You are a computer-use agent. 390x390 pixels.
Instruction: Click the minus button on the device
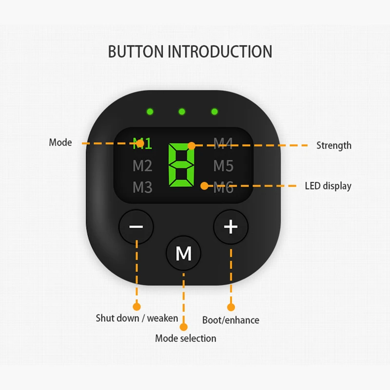136,227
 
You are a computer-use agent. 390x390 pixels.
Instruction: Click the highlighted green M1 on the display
142,144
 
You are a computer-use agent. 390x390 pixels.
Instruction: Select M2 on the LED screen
142,166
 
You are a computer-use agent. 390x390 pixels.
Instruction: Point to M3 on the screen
142,187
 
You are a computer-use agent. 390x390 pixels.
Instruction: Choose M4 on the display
223,144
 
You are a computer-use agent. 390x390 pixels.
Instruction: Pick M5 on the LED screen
223,166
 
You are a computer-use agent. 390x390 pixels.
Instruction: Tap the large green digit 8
181,165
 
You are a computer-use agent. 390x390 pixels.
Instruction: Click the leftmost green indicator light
149,112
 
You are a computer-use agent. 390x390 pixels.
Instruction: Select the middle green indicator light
182,112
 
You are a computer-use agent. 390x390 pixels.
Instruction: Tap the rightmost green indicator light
214,112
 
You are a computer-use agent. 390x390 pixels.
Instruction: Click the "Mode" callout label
60,143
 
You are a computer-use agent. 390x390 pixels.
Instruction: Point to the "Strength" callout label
333,145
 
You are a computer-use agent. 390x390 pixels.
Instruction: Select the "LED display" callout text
328,186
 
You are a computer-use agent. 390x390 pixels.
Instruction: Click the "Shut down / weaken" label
136,318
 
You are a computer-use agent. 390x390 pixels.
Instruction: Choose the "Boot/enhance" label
231,320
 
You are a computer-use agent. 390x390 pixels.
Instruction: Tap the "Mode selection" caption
185,338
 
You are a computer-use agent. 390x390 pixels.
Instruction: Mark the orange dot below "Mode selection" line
184,327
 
